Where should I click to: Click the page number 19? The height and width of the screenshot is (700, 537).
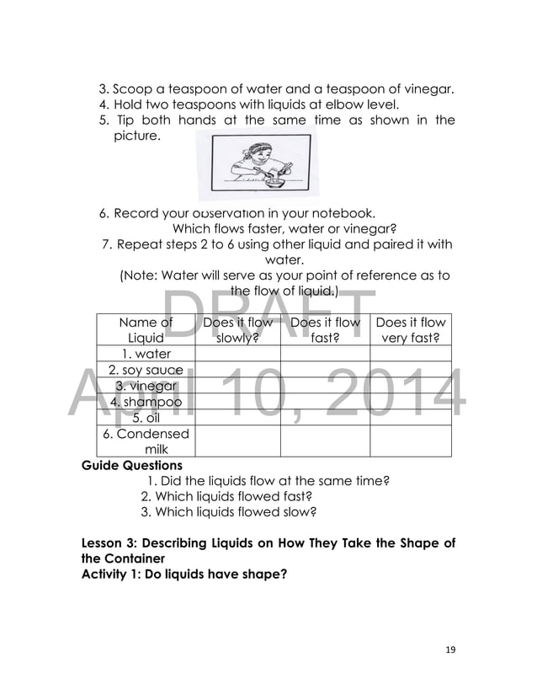click(x=449, y=649)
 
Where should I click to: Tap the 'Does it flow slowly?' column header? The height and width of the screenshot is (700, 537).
click(x=238, y=329)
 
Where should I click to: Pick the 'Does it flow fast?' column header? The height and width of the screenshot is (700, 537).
click(x=325, y=329)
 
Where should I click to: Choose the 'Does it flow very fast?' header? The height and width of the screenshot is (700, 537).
click(x=410, y=329)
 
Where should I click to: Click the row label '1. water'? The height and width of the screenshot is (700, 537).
click(x=146, y=354)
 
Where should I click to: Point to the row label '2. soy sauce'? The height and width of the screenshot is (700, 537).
click(x=146, y=370)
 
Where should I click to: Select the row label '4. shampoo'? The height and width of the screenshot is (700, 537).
click(x=146, y=402)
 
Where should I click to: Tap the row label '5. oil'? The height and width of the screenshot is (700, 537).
click(x=146, y=418)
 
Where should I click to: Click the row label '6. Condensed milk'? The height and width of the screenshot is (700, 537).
click(x=146, y=441)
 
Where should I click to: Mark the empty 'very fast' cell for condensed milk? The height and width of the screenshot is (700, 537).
click(x=410, y=441)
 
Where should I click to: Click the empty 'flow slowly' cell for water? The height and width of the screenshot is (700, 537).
click(x=238, y=354)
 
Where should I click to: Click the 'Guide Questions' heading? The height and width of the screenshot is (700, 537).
click(x=131, y=465)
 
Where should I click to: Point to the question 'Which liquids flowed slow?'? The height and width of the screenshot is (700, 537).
click(x=228, y=511)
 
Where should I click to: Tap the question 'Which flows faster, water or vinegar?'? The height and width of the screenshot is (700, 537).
click(x=284, y=228)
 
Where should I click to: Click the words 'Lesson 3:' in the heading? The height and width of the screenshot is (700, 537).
click(x=110, y=543)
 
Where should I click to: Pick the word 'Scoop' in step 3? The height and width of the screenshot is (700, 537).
click(x=132, y=88)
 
